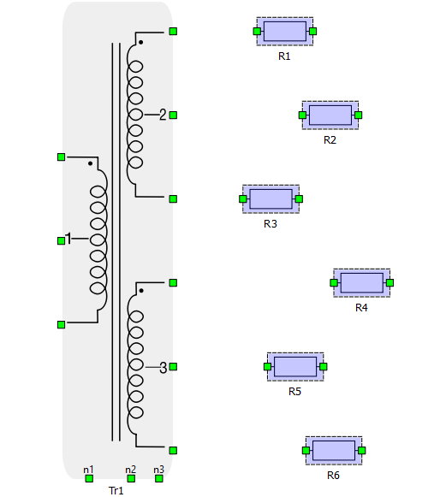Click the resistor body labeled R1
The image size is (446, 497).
tap(285, 32)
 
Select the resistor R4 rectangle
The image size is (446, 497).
tap(361, 283)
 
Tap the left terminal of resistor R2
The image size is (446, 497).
tap(303, 115)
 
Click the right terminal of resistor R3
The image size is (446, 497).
tap(299, 199)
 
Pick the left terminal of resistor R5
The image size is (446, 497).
tap(267, 367)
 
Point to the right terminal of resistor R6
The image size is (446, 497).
tap(361, 451)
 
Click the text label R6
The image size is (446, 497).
tap(333, 475)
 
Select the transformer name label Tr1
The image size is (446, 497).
tap(116, 491)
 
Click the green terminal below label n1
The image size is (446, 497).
tap(89, 479)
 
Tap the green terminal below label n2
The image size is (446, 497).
tap(131, 479)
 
